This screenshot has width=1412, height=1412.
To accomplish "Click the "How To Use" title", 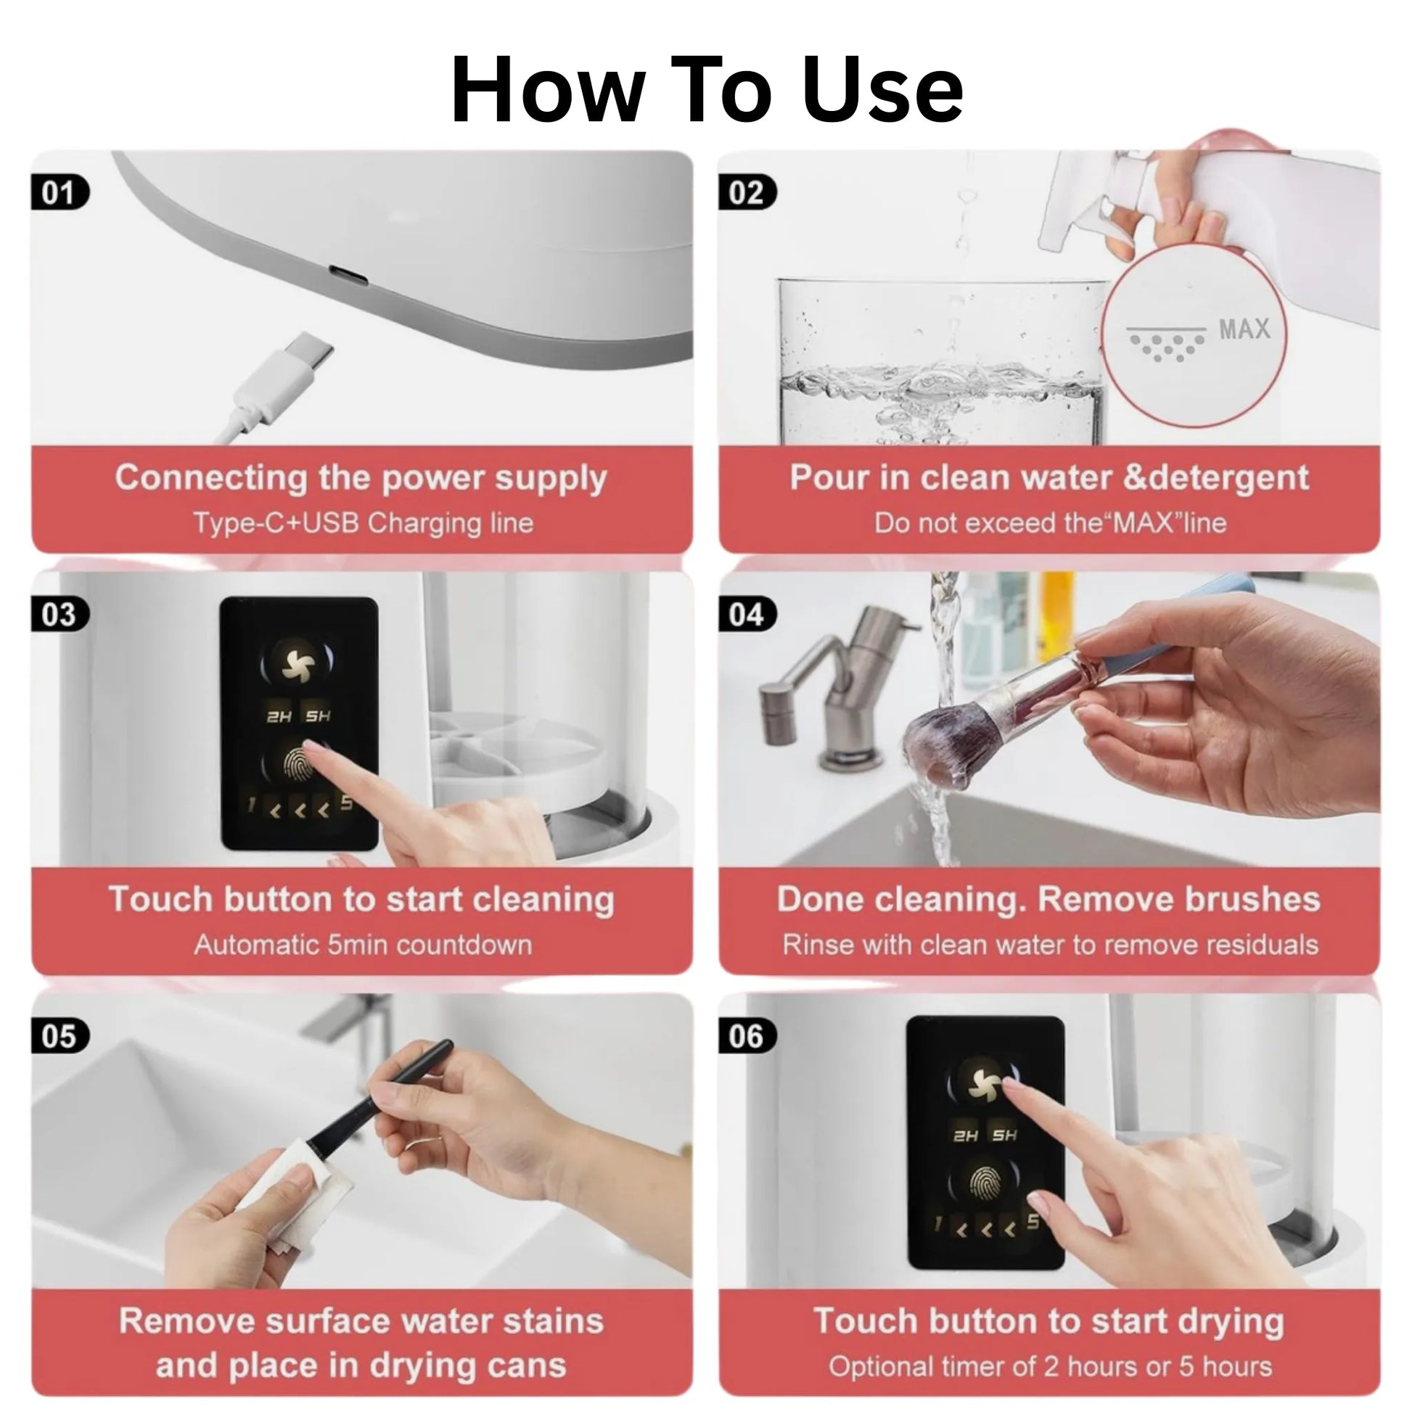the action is pos(707,90).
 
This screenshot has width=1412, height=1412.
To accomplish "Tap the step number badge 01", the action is pos(60,193).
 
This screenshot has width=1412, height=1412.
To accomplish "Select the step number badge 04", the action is pos(747,615).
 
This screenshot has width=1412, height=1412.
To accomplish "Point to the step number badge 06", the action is pos(747,1036).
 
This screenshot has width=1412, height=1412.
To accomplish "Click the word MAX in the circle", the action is pos(1244,329).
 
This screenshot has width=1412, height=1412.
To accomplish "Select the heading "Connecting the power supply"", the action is pos(361,479).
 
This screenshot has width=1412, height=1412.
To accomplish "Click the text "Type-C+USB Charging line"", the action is pos(364,523).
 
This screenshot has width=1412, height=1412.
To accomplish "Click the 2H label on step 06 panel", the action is pos(966,1135).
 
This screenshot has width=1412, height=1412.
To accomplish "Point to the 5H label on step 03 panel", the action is pos(318,715).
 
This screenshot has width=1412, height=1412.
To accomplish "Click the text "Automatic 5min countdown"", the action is pos(364,945).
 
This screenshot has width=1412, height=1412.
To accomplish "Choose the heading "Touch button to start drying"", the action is pos(1048,1321).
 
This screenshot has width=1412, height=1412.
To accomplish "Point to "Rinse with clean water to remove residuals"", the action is pos(1050,945).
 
